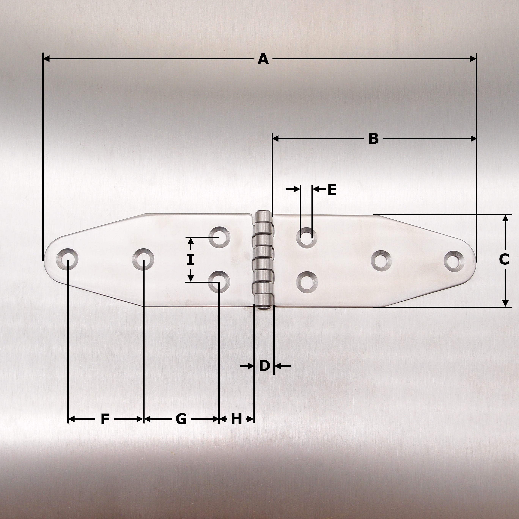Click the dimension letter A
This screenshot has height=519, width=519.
tap(263, 59)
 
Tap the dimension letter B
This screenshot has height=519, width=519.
tap(373, 139)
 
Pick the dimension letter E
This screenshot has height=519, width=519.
tap(332, 190)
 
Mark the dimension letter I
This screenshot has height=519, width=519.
tap(190, 260)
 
